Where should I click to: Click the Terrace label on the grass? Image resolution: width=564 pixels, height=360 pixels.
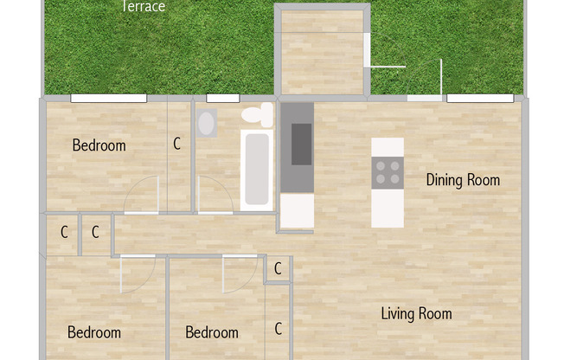click(x=143, y=7)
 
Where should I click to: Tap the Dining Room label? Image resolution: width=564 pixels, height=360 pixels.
click(x=463, y=180)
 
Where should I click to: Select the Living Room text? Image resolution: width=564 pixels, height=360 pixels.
click(x=416, y=313)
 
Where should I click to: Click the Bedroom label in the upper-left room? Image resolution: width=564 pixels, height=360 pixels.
click(x=99, y=145)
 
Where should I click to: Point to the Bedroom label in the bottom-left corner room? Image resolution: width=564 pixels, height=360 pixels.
click(x=94, y=332)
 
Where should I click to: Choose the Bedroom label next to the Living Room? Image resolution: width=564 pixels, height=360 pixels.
click(x=212, y=332)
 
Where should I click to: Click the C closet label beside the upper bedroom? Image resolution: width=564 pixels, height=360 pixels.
click(x=177, y=145)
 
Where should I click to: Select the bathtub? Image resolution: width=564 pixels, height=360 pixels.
click(x=257, y=170)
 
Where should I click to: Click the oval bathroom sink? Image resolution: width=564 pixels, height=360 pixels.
click(x=207, y=123)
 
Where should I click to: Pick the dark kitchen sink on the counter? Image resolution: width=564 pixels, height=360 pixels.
click(x=301, y=144)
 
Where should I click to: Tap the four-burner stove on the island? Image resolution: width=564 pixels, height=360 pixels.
click(x=388, y=172)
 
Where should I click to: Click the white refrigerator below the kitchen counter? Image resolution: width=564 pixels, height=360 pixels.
click(x=297, y=211)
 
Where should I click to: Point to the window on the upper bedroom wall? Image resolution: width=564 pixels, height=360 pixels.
click(x=97, y=99)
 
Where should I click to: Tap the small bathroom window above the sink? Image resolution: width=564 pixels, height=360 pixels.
click(x=222, y=99)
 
